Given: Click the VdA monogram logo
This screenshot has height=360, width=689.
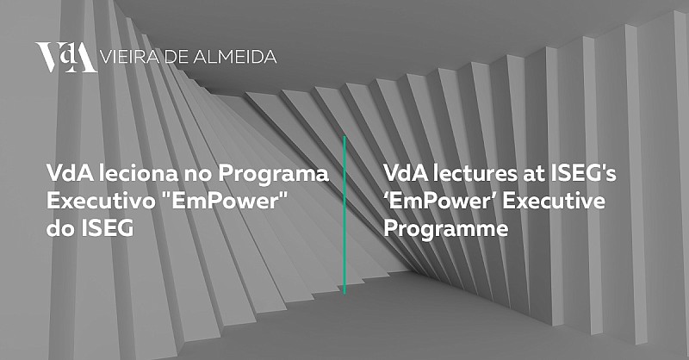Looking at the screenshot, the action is tap(66, 57).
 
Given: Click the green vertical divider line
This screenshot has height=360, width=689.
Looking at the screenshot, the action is tap(344, 214).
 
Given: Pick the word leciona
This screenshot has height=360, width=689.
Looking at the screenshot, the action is tap(138, 173).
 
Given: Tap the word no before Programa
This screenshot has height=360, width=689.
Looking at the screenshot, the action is tap(198, 175).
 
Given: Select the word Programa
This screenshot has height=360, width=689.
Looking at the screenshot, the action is tap(273, 176).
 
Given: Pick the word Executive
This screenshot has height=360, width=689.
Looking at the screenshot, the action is tap(554, 201).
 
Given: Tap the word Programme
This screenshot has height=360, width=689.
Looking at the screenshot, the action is tap(446, 229).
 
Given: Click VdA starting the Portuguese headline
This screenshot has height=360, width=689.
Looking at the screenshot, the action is tap(70, 173).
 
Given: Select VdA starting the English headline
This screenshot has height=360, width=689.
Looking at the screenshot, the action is tap(406, 173).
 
